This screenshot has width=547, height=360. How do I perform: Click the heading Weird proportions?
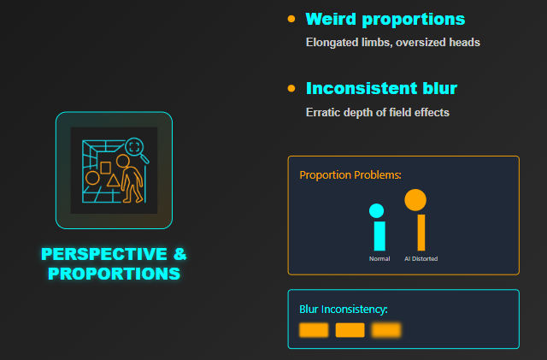pos(385,19)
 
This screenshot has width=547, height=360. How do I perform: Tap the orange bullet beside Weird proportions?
pos(291,19)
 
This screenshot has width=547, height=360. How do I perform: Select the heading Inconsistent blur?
pos(381,88)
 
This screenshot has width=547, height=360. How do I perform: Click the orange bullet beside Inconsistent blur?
pos(291,88)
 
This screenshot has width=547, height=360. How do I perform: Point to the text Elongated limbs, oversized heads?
pos(393,43)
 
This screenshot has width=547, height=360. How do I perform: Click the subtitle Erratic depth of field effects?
pos(378,112)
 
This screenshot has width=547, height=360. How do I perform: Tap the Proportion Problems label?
pos(350,175)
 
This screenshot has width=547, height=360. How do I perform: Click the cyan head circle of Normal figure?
pos(376,211)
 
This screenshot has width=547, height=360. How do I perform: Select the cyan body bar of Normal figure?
pos(379,236)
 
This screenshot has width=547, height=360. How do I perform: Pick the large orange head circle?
pos(415,200)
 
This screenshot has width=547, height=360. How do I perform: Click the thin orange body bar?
pos(421,233)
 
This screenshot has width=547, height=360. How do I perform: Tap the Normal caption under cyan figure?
pos(379,259)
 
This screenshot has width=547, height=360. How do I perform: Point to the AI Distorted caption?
pos(421,259)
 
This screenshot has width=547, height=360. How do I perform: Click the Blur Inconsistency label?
pos(344,310)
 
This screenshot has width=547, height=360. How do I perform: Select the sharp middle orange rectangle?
pos(350,330)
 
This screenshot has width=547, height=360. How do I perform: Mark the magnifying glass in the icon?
pos(137,150)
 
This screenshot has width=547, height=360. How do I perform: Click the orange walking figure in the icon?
pos(131,179)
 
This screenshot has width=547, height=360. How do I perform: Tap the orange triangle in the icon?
pos(113,180)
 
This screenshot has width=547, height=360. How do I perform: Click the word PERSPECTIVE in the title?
pos(104,254)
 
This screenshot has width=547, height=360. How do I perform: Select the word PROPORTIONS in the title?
pos(114,274)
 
